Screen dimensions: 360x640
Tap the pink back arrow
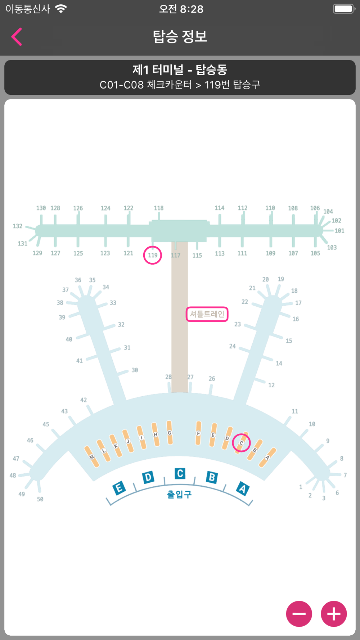[17, 37]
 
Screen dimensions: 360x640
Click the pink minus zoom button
[299, 614]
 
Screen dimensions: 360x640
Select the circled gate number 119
[153, 255]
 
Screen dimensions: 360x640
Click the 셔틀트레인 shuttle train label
[207, 314]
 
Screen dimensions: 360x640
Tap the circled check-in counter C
[241, 443]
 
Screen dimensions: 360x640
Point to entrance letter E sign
[119, 488]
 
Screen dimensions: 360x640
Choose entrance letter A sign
[243, 489]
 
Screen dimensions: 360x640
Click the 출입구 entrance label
[179, 494]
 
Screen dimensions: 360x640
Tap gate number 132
[18, 226]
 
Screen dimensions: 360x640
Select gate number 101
[339, 231]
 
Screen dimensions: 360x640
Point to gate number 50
[40, 499]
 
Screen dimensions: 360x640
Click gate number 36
[78, 280]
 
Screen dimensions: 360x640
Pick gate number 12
[271, 385]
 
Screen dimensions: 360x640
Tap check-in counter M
[91, 456]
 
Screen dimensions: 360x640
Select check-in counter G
[170, 433]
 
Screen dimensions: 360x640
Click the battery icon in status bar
[344, 9]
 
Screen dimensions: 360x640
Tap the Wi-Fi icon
[61, 9]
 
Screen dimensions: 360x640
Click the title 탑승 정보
[180, 36]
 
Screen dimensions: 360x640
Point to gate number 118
[159, 208]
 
